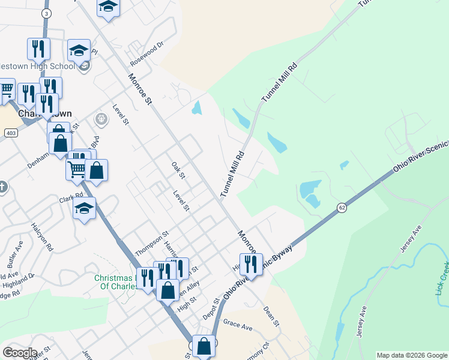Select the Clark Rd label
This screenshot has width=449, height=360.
click(x=70, y=197)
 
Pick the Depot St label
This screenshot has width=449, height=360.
click(x=209, y=309)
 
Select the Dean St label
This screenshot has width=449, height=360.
click(x=273, y=316)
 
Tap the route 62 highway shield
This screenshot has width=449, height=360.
click(x=342, y=208)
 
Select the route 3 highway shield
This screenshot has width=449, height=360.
click(x=47, y=13)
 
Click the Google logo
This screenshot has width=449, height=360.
click(x=20, y=353)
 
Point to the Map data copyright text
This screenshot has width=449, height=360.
click(x=411, y=355)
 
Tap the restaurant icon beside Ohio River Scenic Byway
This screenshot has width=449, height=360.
click(x=251, y=264)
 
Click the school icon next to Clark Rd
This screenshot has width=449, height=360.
click(x=84, y=208)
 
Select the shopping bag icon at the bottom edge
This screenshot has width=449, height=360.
click(x=204, y=346)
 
